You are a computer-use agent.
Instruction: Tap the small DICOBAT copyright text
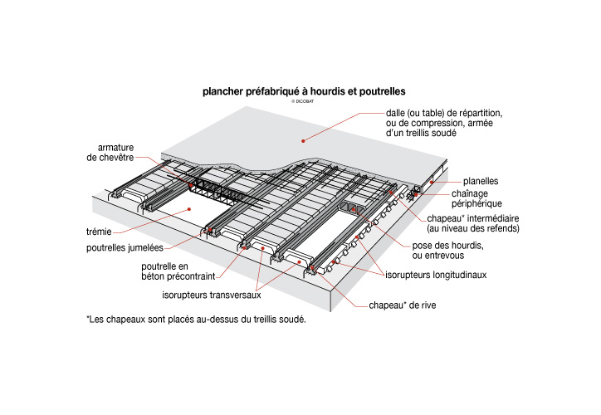[300, 100]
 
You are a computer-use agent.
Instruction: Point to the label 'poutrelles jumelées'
[122, 247]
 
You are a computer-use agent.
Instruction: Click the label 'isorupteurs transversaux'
[211, 294]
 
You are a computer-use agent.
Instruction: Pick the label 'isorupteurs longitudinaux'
[436, 274]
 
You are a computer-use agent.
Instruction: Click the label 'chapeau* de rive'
[402, 305]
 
